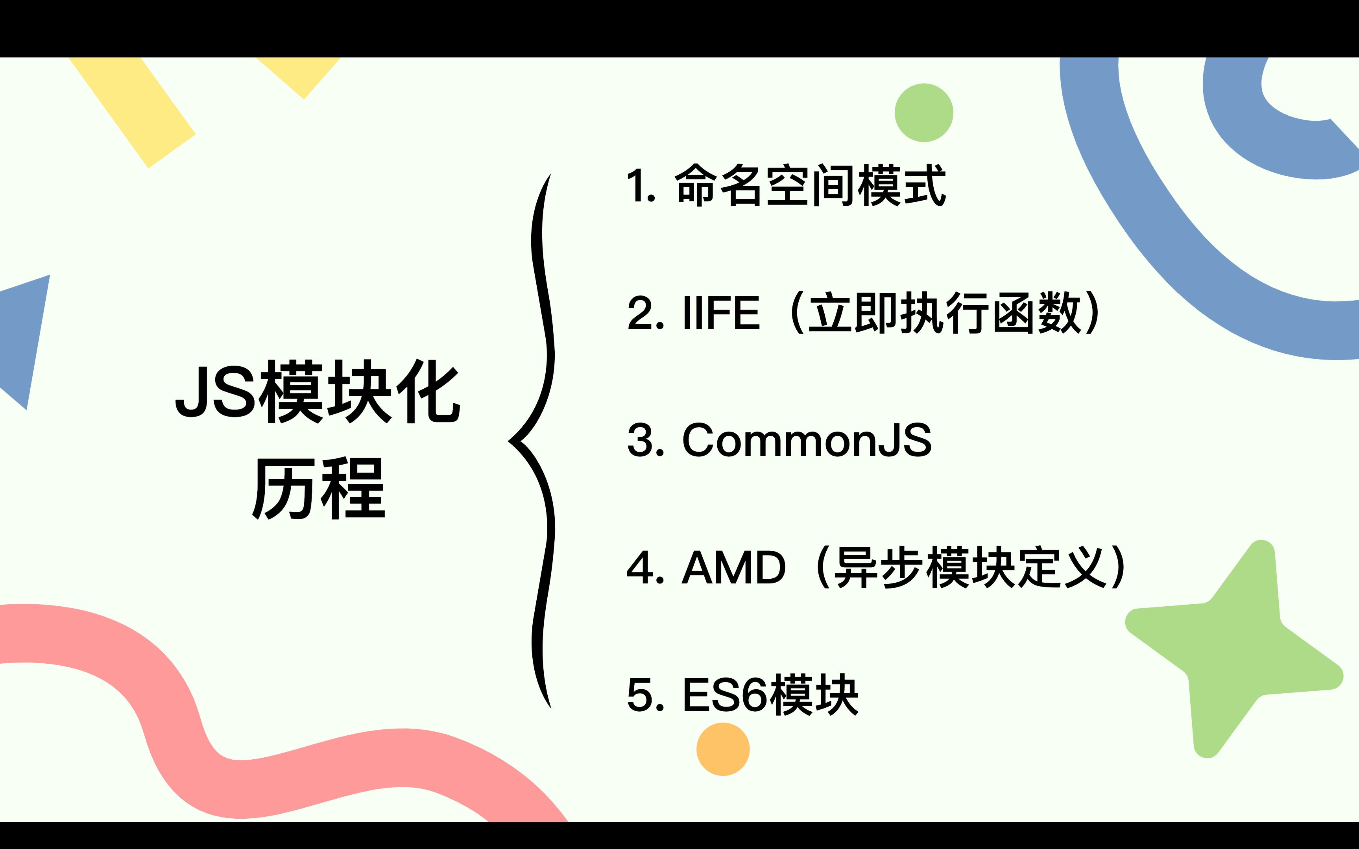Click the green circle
[x=924, y=112]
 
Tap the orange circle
[x=723, y=749]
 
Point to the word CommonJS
[x=807, y=440]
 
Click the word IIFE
[x=720, y=313]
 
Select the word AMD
[x=733, y=568]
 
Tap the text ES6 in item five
[x=724, y=695]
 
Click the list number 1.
[x=639, y=185]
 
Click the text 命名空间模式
[x=811, y=185]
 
